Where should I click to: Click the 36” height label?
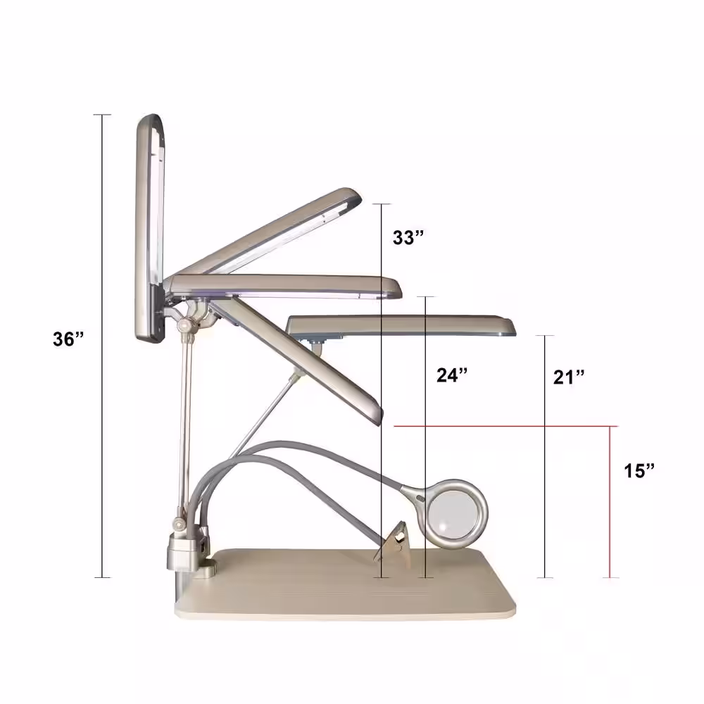pos(68,339)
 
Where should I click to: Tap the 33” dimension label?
pos(408,237)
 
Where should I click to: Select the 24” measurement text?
pos(452,375)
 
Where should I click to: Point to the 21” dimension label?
pos(569,377)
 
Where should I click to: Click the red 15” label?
pos(639,470)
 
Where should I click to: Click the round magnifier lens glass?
pos(454,513)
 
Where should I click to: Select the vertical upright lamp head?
pos(149,229)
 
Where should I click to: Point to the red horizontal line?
pos(506,426)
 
